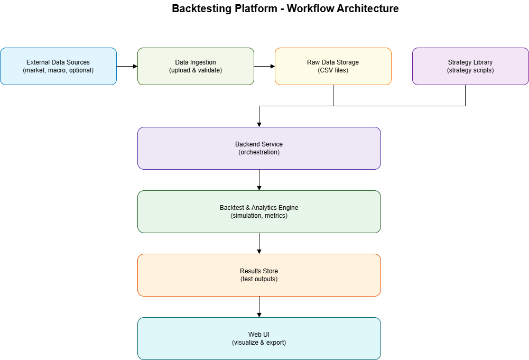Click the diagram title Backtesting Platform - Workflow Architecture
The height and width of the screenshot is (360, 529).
click(x=285, y=9)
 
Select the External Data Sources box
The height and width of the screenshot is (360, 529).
click(x=58, y=66)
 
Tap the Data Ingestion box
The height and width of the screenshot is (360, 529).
click(x=196, y=66)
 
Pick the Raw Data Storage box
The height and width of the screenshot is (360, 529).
click(x=333, y=66)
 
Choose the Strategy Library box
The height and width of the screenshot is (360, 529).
click(x=470, y=66)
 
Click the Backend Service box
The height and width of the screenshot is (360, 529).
click(x=259, y=148)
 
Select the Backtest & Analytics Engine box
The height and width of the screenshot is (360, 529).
click(x=259, y=211)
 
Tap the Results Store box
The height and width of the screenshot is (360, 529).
click(x=259, y=275)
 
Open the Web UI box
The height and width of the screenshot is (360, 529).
click(x=259, y=338)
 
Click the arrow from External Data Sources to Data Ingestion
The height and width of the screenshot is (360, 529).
click(x=127, y=66)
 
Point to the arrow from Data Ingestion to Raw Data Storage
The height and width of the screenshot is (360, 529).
click(x=264, y=66)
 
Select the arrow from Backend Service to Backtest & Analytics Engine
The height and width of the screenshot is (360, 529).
click(x=259, y=180)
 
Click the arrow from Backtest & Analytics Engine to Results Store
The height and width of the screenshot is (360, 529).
click(x=259, y=243)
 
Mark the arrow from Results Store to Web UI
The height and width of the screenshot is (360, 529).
click(x=259, y=307)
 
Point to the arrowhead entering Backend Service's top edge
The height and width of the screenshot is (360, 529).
click(x=259, y=124)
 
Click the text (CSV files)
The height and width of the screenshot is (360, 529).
click(x=333, y=70)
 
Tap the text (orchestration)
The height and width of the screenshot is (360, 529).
click(x=259, y=152)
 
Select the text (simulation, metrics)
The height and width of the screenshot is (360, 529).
click(x=259, y=216)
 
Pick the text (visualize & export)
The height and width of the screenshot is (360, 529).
click(x=259, y=343)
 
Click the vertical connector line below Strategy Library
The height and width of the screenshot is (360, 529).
click(x=465, y=95)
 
